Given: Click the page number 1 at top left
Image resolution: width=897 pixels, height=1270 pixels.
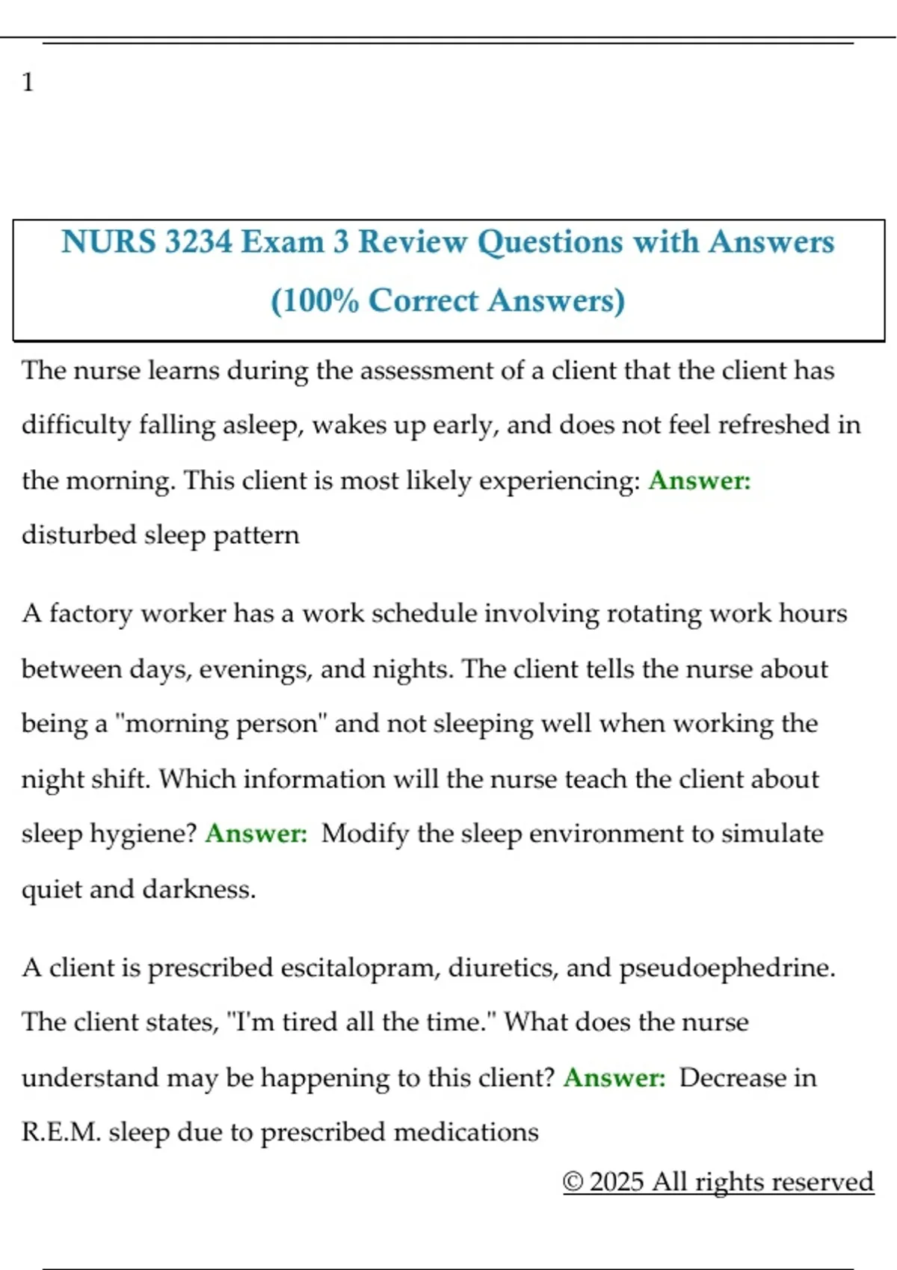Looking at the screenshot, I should (28, 81).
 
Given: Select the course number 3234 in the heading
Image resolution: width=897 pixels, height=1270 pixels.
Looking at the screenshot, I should (198, 242).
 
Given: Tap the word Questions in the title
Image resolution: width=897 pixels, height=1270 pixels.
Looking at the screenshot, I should (550, 242).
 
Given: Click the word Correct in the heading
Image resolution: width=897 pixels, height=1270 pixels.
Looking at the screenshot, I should (423, 300).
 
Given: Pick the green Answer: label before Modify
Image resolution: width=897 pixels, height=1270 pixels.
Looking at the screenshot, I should (256, 834).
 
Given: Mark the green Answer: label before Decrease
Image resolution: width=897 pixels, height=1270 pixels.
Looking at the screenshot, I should (614, 1078).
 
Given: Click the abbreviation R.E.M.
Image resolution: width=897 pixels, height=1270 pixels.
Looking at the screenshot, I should (61, 1133).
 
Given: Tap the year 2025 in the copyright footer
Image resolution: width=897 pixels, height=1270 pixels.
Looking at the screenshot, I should (617, 1182).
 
